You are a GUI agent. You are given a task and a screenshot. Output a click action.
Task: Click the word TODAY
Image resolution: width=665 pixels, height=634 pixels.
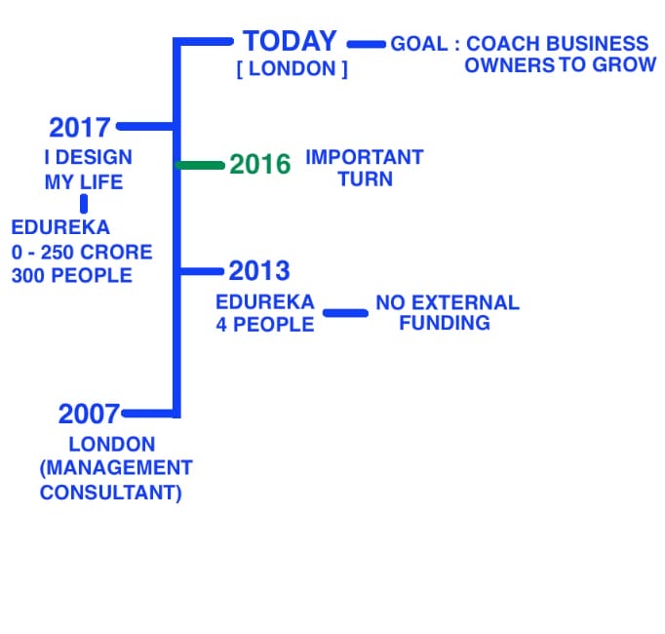[x=290, y=41]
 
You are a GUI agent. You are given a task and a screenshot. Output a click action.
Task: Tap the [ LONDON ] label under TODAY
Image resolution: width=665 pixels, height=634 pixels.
[x=292, y=68]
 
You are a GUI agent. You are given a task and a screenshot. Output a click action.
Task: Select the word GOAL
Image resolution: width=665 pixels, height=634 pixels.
[x=419, y=44]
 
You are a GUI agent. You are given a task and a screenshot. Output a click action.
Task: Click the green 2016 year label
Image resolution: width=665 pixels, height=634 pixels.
[x=260, y=164]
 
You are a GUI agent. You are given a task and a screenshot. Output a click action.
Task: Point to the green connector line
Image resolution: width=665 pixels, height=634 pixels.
[x=200, y=165]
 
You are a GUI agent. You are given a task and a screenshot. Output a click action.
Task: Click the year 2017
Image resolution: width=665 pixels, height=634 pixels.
[x=80, y=128]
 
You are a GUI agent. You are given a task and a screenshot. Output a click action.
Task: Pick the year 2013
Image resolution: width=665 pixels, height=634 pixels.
[x=259, y=270]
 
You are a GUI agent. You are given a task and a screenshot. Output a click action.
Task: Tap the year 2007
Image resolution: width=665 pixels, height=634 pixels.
[x=89, y=414]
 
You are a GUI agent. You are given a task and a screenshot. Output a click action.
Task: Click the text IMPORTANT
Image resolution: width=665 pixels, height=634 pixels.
[x=365, y=157]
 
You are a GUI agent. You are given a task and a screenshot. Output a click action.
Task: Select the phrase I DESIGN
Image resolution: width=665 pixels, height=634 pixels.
[x=88, y=157]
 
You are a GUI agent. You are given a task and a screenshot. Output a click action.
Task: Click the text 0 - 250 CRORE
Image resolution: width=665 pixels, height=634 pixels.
[x=82, y=252]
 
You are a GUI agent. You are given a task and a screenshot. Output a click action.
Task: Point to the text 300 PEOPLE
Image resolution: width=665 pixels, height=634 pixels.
[x=72, y=275]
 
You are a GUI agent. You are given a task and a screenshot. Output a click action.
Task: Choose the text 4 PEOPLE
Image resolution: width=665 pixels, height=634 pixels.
[x=264, y=325]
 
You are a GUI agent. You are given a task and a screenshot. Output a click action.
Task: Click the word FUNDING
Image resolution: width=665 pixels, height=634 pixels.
[x=445, y=323]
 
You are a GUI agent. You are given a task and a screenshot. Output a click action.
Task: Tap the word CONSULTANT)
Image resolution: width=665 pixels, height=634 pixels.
[x=111, y=493]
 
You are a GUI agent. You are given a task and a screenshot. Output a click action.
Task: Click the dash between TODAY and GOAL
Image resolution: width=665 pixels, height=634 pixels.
[x=367, y=44]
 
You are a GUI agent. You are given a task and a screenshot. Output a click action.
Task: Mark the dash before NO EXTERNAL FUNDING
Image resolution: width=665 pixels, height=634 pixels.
[x=345, y=313]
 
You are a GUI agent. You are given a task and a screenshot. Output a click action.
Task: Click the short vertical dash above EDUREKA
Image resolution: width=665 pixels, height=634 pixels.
[x=84, y=204]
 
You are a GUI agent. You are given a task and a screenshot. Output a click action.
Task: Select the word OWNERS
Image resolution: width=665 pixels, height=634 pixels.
[x=509, y=65]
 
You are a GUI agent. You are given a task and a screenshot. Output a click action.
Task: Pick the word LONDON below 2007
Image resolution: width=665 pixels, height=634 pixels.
[x=112, y=445]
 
